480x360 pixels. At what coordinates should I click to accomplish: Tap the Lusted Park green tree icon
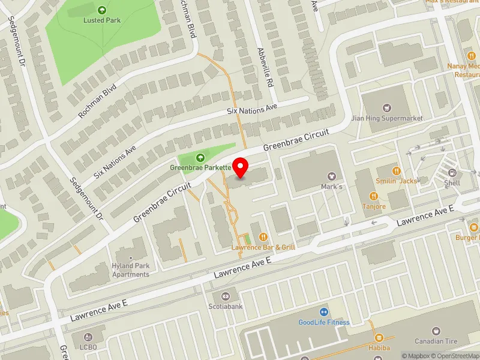point(101,10)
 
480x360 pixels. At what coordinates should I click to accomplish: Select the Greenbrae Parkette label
point(200,167)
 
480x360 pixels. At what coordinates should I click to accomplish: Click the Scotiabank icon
point(226,295)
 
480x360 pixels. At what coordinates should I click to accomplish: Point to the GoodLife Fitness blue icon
point(324,312)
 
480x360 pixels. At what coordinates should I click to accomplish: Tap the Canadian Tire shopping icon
point(436,331)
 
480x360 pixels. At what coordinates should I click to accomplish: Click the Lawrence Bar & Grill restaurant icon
point(263,236)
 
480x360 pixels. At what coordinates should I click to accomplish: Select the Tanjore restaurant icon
point(373,196)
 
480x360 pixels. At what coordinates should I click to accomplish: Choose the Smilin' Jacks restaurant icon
point(396,170)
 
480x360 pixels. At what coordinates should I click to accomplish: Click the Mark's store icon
point(331,176)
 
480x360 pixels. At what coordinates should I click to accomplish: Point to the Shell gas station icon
point(452,172)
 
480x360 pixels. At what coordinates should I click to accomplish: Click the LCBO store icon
point(89,338)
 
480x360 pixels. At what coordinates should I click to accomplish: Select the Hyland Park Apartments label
point(130,270)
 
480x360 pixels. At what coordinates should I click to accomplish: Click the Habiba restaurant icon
point(379,338)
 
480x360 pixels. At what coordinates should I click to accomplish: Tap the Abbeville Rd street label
point(265,66)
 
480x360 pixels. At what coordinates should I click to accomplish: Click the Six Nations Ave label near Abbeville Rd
point(252,109)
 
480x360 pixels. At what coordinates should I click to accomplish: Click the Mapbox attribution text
point(417,356)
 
